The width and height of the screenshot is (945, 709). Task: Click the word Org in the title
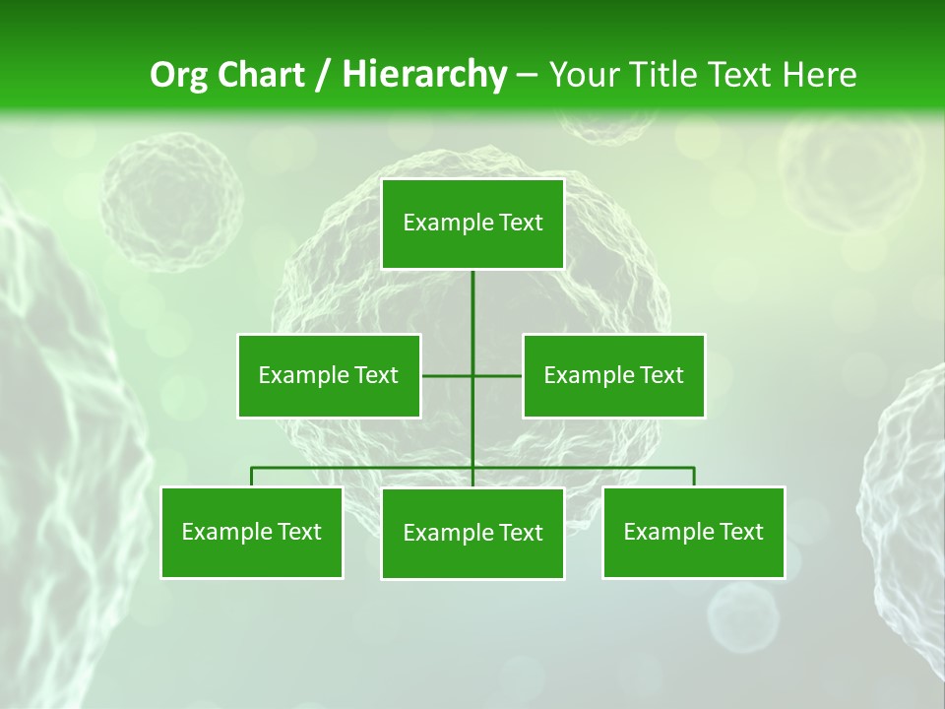point(179,75)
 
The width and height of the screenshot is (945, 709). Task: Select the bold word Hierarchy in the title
point(423,75)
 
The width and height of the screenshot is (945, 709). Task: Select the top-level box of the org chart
point(472,224)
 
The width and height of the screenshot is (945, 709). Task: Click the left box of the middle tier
point(329,375)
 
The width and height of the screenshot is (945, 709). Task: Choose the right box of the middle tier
point(613,375)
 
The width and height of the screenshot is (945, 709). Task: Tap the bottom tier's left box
point(252,532)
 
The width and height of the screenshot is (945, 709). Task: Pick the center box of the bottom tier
point(472,533)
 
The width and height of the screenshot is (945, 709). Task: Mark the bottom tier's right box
point(693,532)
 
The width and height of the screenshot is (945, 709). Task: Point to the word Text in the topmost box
point(521,224)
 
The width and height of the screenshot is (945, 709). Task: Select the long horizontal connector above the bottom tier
point(364,467)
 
